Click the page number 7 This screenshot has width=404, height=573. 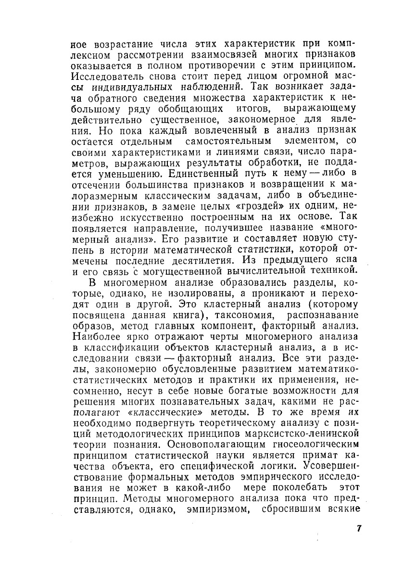pyautogui.click(x=359, y=528)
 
